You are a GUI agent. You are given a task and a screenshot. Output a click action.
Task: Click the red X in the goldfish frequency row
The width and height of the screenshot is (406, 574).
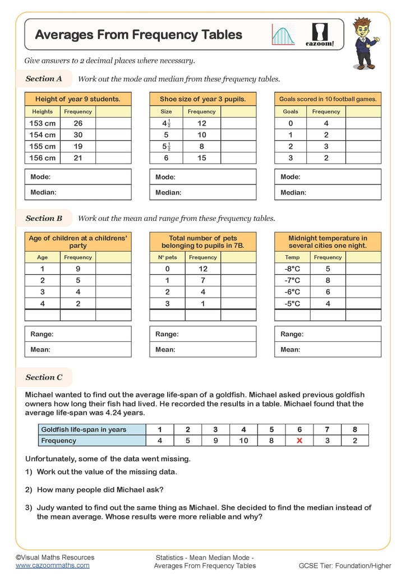299,441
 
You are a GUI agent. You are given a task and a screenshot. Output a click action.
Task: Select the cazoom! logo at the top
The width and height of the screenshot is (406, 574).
320,35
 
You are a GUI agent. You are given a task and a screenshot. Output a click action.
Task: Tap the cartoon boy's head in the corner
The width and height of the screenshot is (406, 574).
362,27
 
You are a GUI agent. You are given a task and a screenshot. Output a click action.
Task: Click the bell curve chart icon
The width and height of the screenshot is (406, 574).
284,35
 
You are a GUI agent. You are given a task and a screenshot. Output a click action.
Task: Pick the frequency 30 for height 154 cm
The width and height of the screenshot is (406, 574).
78,135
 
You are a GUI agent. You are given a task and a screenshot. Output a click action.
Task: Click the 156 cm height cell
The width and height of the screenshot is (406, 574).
43,158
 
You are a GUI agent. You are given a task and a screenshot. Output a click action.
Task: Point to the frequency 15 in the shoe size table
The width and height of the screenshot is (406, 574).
202,158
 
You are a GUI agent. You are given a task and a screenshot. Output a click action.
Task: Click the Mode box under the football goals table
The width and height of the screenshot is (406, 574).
327,177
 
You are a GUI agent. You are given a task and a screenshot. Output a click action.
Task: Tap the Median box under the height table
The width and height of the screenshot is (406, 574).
78,192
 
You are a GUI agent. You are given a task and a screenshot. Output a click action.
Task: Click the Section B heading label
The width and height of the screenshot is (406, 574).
44,218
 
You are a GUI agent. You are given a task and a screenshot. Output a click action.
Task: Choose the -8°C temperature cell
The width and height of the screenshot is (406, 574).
292,269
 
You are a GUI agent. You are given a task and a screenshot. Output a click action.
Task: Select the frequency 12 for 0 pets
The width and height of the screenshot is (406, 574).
203,269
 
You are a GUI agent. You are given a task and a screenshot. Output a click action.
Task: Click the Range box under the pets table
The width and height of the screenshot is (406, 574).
202,334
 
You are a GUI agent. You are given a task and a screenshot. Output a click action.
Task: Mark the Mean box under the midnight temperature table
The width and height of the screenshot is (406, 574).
327,349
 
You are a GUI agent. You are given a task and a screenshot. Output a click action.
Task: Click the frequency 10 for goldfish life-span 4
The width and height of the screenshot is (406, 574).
243,441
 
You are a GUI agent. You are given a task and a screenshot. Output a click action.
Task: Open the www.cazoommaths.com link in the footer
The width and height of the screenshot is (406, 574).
52,566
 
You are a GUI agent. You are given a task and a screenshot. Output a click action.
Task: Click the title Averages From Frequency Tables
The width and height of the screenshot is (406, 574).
139,35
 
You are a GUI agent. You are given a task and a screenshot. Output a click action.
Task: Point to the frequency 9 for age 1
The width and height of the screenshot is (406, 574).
78,269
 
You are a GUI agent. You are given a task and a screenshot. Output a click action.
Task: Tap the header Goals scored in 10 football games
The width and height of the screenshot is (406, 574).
327,99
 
